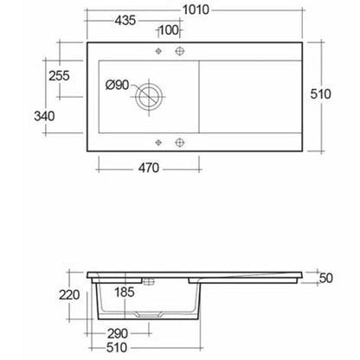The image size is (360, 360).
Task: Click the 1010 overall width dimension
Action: click(196, 10)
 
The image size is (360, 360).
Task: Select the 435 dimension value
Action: click(125, 21)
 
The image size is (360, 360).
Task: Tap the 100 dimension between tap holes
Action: click(169, 29)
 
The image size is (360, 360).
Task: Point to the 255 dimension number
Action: click(59, 76)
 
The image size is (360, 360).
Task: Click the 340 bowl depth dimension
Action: click(44, 116)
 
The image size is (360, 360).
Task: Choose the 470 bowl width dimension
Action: click(149, 168)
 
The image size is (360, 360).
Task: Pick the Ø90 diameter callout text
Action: click(117, 85)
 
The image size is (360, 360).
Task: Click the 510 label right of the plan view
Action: click(320, 94)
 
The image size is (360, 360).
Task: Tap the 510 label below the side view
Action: click(117, 348)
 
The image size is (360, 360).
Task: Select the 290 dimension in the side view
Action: click(118, 334)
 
